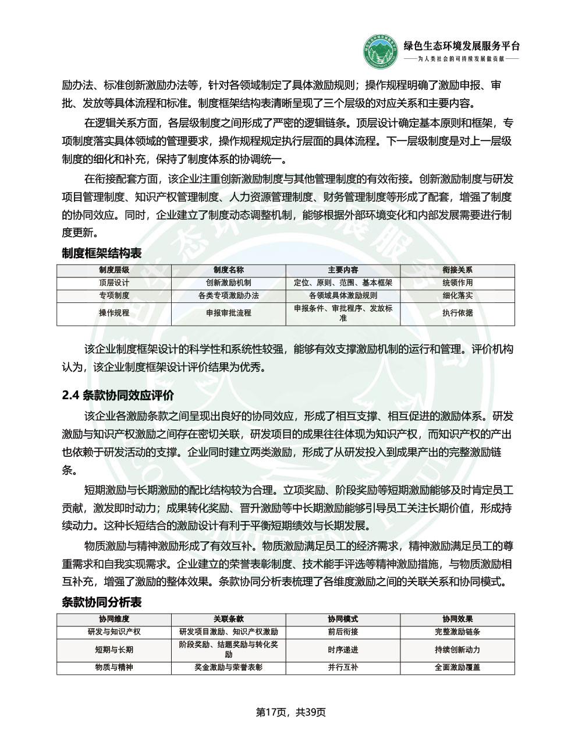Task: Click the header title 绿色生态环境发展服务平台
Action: point(462,47)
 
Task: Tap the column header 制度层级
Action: point(114,270)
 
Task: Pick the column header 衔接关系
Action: point(457,270)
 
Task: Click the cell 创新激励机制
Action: point(229,283)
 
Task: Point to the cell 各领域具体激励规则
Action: point(343,295)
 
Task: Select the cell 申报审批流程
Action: point(229,313)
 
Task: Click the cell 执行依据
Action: point(457,313)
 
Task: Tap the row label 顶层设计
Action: point(114,283)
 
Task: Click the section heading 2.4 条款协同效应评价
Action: point(118,396)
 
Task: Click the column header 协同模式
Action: point(343,619)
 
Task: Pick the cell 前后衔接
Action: point(343,632)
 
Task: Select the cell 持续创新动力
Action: point(457,650)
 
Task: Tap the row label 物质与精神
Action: point(114,667)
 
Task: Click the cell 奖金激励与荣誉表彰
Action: point(229,667)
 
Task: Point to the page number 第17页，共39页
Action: point(291,712)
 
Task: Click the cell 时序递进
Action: point(343,650)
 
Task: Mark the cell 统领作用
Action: point(457,283)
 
